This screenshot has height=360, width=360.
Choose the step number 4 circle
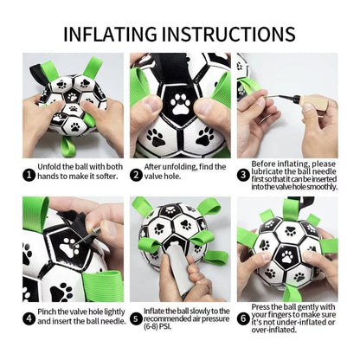29,318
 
